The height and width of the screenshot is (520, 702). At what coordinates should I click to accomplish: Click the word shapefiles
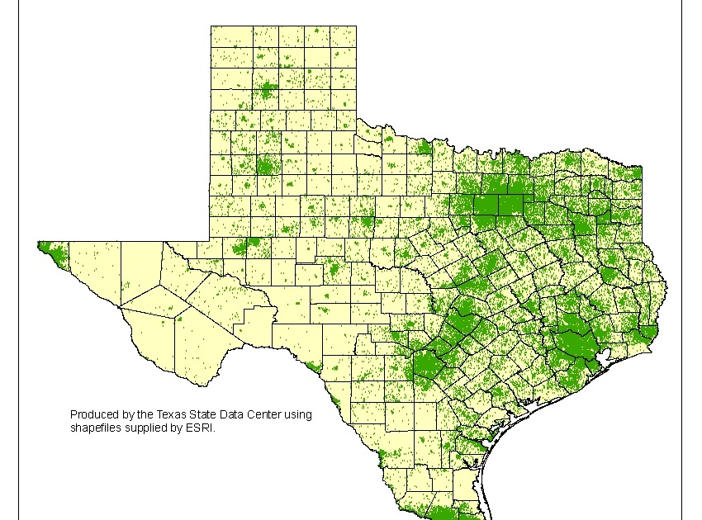point(96,428)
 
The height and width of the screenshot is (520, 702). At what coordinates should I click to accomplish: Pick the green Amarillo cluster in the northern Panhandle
point(266,90)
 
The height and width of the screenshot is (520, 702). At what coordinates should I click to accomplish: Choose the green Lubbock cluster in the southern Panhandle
point(265,165)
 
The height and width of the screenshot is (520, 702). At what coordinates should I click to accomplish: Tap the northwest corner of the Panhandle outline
point(211,26)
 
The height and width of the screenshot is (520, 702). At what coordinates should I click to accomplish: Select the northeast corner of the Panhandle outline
point(356,26)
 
